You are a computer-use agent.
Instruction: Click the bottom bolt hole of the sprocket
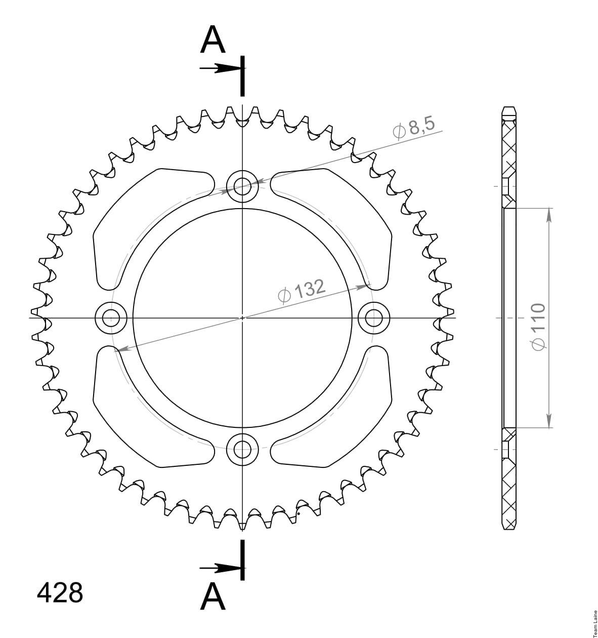click(x=242, y=449)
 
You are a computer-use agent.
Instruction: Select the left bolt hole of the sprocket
click(x=111, y=318)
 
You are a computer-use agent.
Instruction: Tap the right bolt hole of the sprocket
click(x=374, y=318)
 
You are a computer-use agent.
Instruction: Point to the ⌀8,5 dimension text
click(x=414, y=129)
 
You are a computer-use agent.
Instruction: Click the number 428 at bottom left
click(x=60, y=593)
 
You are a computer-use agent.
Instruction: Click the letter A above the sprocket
click(x=212, y=39)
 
